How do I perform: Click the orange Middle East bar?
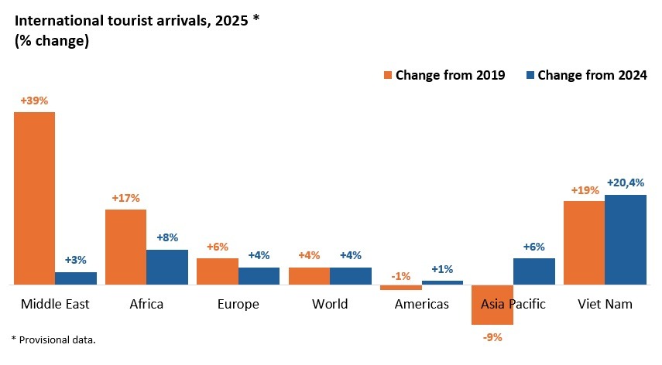[x=34, y=198]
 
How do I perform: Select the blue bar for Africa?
[x=166, y=267]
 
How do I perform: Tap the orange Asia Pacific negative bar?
[x=492, y=305]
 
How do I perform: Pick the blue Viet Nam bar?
[x=626, y=240]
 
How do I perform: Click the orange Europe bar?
[x=217, y=271]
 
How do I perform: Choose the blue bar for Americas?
[x=442, y=282]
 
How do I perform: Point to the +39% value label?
[x=34, y=100]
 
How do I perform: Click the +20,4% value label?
[x=626, y=182]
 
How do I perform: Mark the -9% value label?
[x=492, y=336]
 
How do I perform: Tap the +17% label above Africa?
[x=125, y=198]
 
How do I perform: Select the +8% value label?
[x=166, y=238]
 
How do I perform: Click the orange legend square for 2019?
[x=389, y=75]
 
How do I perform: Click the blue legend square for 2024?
[x=530, y=75]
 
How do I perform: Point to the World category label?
[x=330, y=304]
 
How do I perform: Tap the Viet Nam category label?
[x=605, y=304]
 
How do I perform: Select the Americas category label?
[x=421, y=304]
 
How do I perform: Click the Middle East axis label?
[x=56, y=304]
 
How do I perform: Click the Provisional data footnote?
[x=53, y=339]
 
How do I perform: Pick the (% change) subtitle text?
[x=52, y=42]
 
